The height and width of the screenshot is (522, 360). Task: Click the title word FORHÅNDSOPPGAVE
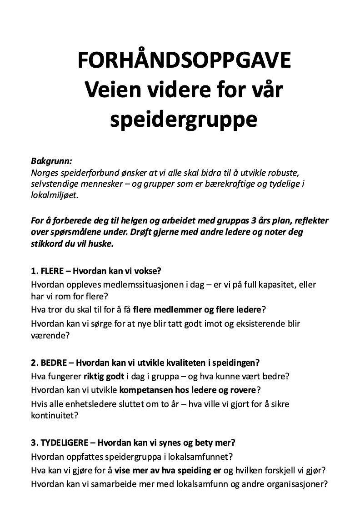pyautogui.click(x=184, y=61)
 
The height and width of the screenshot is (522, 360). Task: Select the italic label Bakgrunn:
pyautogui.click(x=51, y=161)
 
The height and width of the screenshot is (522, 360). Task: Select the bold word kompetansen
pyautogui.click(x=146, y=390)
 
